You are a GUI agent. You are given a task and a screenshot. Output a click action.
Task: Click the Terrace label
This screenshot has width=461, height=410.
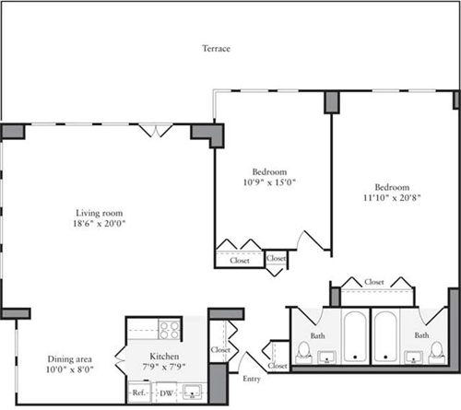(x=217, y=48)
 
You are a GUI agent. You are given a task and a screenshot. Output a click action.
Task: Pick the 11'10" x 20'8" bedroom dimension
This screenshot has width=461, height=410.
(x=393, y=195)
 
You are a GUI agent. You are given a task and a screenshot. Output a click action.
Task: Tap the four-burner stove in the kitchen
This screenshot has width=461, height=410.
(x=169, y=327)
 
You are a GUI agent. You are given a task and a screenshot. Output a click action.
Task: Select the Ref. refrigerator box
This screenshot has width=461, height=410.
(x=138, y=392)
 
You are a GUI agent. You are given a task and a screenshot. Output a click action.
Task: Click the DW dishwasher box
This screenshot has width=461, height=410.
(x=166, y=392)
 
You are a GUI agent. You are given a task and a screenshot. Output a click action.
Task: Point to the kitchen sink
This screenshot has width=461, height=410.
(x=192, y=392)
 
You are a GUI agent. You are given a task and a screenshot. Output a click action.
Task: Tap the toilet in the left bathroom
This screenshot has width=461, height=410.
(x=302, y=351)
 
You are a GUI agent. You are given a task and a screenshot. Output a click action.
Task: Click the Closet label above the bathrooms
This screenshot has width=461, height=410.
(x=373, y=281)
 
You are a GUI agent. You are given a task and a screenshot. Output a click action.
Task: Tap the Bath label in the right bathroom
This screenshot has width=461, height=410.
(x=421, y=335)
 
